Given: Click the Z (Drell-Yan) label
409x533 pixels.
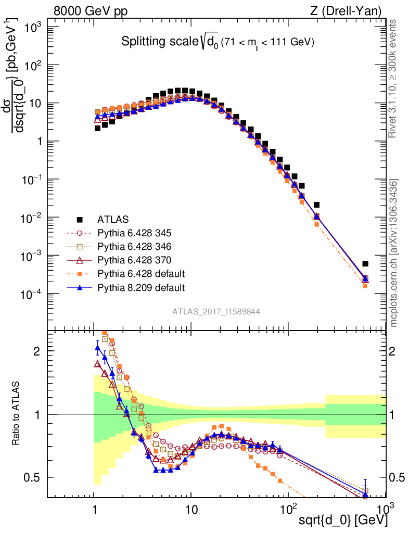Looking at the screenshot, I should coord(352,11).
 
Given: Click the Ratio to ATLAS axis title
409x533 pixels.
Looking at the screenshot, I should coord(17,413).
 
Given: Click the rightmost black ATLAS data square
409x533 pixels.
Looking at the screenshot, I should coord(365,264).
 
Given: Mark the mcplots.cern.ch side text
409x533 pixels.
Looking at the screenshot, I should coord(394,253).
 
